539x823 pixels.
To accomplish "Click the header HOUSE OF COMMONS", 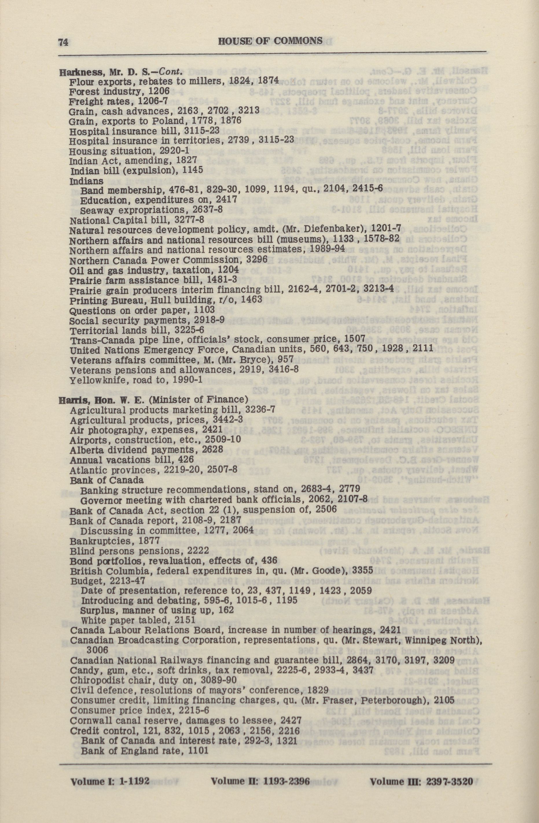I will (x=270, y=41).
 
